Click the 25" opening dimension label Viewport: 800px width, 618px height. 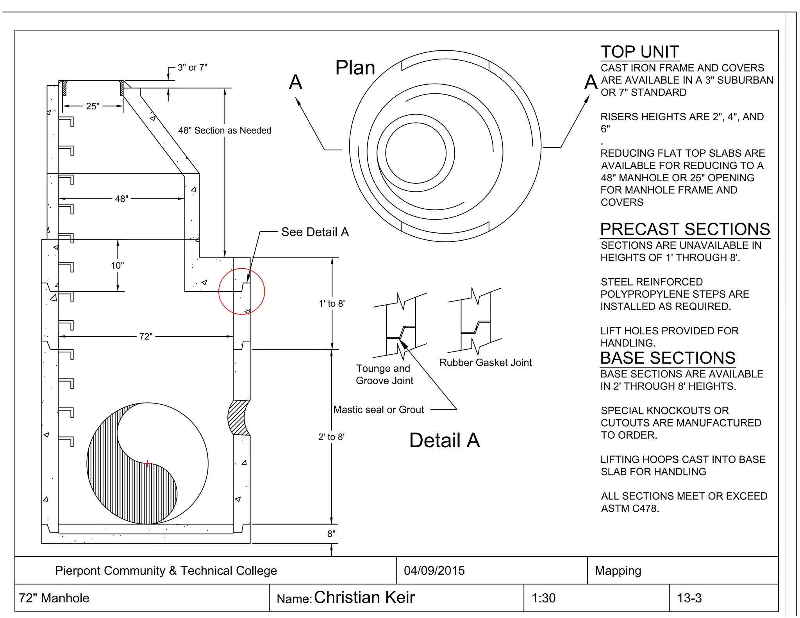click(93, 106)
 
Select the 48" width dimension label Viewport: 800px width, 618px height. click(121, 199)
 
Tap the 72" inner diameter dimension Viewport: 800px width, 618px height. click(146, 336)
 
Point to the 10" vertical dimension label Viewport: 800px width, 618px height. click(117, 266)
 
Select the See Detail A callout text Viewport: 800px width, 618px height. click(315, 232)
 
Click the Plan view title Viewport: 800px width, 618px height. click(355, 68)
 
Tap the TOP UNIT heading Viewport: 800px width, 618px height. click(640, 52)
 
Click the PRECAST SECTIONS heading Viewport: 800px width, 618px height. click(685, 229)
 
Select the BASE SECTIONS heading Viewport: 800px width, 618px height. click(668, 358)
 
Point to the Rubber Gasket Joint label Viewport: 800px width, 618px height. click(486, 363)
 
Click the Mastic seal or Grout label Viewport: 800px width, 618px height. click(378, 409)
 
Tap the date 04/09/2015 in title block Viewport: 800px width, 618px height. click(434, 570)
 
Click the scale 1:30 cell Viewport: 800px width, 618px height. click(543, 598)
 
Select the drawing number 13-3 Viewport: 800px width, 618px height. click(689, 598)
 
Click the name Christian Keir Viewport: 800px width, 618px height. click(364, 597)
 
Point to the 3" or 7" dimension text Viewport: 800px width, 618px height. click(192, 68)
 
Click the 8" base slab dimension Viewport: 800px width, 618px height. click(331, 534)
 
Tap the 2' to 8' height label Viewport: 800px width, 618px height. click(331, 437)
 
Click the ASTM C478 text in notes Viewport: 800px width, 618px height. click(630, 508)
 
